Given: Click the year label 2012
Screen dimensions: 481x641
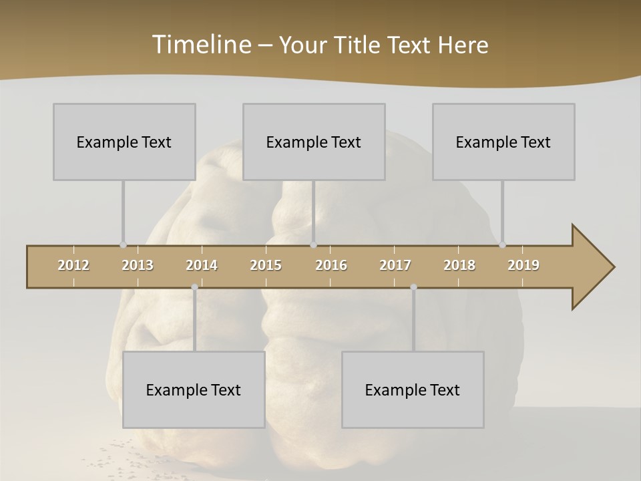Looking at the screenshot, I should [x=73, y=265].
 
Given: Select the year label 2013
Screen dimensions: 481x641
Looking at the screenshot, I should [x=138, y=265].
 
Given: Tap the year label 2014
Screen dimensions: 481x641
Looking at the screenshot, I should [x=202, y=265].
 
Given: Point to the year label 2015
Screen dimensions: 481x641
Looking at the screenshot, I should [x=266, y=265].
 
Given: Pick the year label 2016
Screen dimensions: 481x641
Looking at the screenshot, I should [x=331, y=265].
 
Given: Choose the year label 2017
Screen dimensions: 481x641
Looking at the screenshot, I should [x=395, y=265].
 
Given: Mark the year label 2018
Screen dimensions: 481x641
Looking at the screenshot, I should [x=459, y=265].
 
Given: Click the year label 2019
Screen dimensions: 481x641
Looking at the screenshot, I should [x=523, y=265].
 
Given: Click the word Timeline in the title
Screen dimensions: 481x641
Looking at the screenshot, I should [x=201, y=45].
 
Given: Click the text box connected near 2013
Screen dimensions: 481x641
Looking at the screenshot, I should [x=124, y=142].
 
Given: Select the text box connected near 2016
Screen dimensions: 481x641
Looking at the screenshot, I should [x=314, y=142].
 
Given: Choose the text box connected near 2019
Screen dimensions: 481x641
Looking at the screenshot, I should [x=503, y=142].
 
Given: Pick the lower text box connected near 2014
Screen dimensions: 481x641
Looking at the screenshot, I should [x=194, y=389].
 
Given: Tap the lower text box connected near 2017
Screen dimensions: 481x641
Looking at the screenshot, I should [x=413, y=389].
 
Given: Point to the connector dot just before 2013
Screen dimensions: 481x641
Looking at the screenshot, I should [x=123, y=245].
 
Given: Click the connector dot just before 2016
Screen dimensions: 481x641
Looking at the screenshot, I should [x=313, y=245].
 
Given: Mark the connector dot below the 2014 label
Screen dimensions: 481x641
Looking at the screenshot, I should [x=194, y=287].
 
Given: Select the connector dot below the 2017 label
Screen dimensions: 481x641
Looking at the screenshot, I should [x=413, y=287].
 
